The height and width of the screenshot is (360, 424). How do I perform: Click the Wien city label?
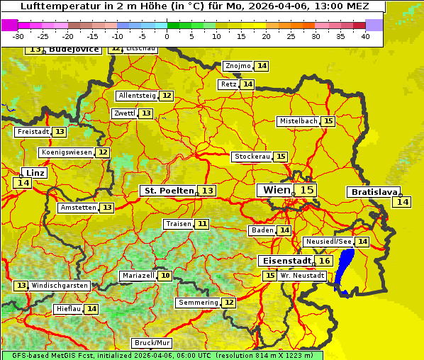(x=276, y=190)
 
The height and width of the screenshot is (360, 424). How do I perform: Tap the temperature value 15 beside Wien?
(x=306, y=190)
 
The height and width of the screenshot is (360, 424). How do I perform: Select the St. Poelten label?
(x=169, y=191)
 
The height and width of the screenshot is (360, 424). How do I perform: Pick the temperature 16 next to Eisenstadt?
(x=324, y=261)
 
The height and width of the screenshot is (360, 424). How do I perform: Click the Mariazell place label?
(x=138, y=276)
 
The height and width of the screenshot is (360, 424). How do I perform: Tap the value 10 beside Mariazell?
(x=165, y=276)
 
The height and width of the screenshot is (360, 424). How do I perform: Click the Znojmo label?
(x=238, y=66)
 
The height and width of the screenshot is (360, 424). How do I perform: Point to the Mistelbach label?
(x=298, y=121)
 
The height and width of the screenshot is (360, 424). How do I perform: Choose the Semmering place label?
(x=199, y=303)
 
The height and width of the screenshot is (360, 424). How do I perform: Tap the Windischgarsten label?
(x=60, y=285)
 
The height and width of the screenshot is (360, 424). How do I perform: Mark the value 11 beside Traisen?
(x=202, y=224)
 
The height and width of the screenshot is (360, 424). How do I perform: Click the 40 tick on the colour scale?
(x=365, y=35)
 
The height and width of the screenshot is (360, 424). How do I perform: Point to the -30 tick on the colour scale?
(x=18, y=35)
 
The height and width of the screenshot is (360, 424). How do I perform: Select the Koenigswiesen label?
(x=67, y=152)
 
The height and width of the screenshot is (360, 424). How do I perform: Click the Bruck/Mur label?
(x=152, y=343)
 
